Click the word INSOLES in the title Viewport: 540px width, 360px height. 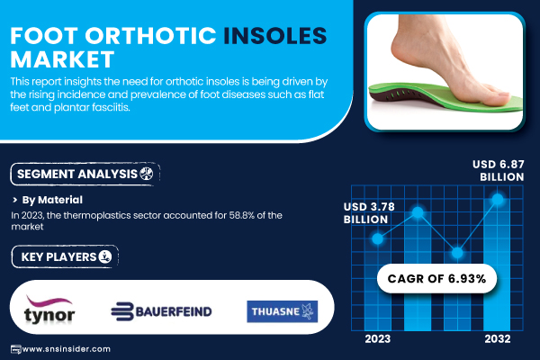click(274, 35)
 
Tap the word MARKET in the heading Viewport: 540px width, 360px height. click(62, 58)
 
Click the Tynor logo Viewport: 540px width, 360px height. click(49, 310)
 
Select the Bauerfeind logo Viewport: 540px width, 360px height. click(161, 311)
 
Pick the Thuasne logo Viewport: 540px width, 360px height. click(282, 311)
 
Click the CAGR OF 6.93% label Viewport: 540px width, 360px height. click(436, 278)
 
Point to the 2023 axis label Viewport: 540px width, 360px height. click(378, 339)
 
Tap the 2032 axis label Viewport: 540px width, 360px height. click(498, 339)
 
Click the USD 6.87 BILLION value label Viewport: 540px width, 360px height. click(498, 170)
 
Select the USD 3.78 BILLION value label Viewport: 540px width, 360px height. click(369, 213)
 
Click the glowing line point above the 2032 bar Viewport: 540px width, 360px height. click(498, 199)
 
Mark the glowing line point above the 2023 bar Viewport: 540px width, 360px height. click(377, 238)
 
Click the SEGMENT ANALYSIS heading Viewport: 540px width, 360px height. click(77, 174)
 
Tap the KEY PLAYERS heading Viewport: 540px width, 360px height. click(58, 257)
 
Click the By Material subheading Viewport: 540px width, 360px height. click(52, 200)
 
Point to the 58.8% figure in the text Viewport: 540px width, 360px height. click(242, 215)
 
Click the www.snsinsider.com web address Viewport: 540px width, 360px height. click(66, 349)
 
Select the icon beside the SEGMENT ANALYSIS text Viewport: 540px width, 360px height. click(147, 174)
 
